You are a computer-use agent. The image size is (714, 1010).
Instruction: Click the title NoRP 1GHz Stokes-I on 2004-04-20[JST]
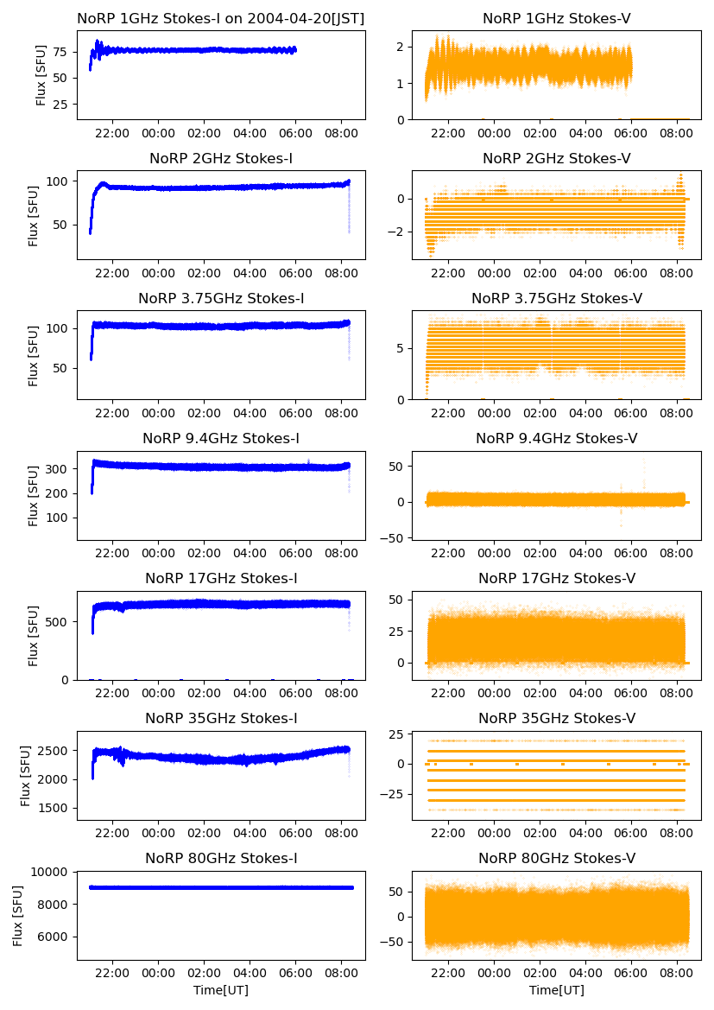pos(220,18)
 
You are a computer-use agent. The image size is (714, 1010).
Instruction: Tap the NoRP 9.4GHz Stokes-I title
pos(220,439)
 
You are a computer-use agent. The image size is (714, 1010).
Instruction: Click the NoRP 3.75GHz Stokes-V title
pos(557,299)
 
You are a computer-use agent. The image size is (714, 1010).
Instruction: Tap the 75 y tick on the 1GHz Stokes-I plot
pos(61,51)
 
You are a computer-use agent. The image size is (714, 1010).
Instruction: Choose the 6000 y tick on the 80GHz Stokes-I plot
pos(54,937)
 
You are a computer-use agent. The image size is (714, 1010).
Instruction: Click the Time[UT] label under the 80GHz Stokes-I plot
pos(220,990)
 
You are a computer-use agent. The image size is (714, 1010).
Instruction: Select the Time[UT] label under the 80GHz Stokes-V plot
pos(557,990)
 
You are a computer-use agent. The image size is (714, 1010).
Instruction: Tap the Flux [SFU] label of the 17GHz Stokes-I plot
pos(34,636)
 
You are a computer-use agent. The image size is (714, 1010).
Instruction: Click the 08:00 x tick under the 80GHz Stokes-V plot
pos(676,974)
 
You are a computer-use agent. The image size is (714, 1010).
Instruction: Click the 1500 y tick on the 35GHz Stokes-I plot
pos(54,808)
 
